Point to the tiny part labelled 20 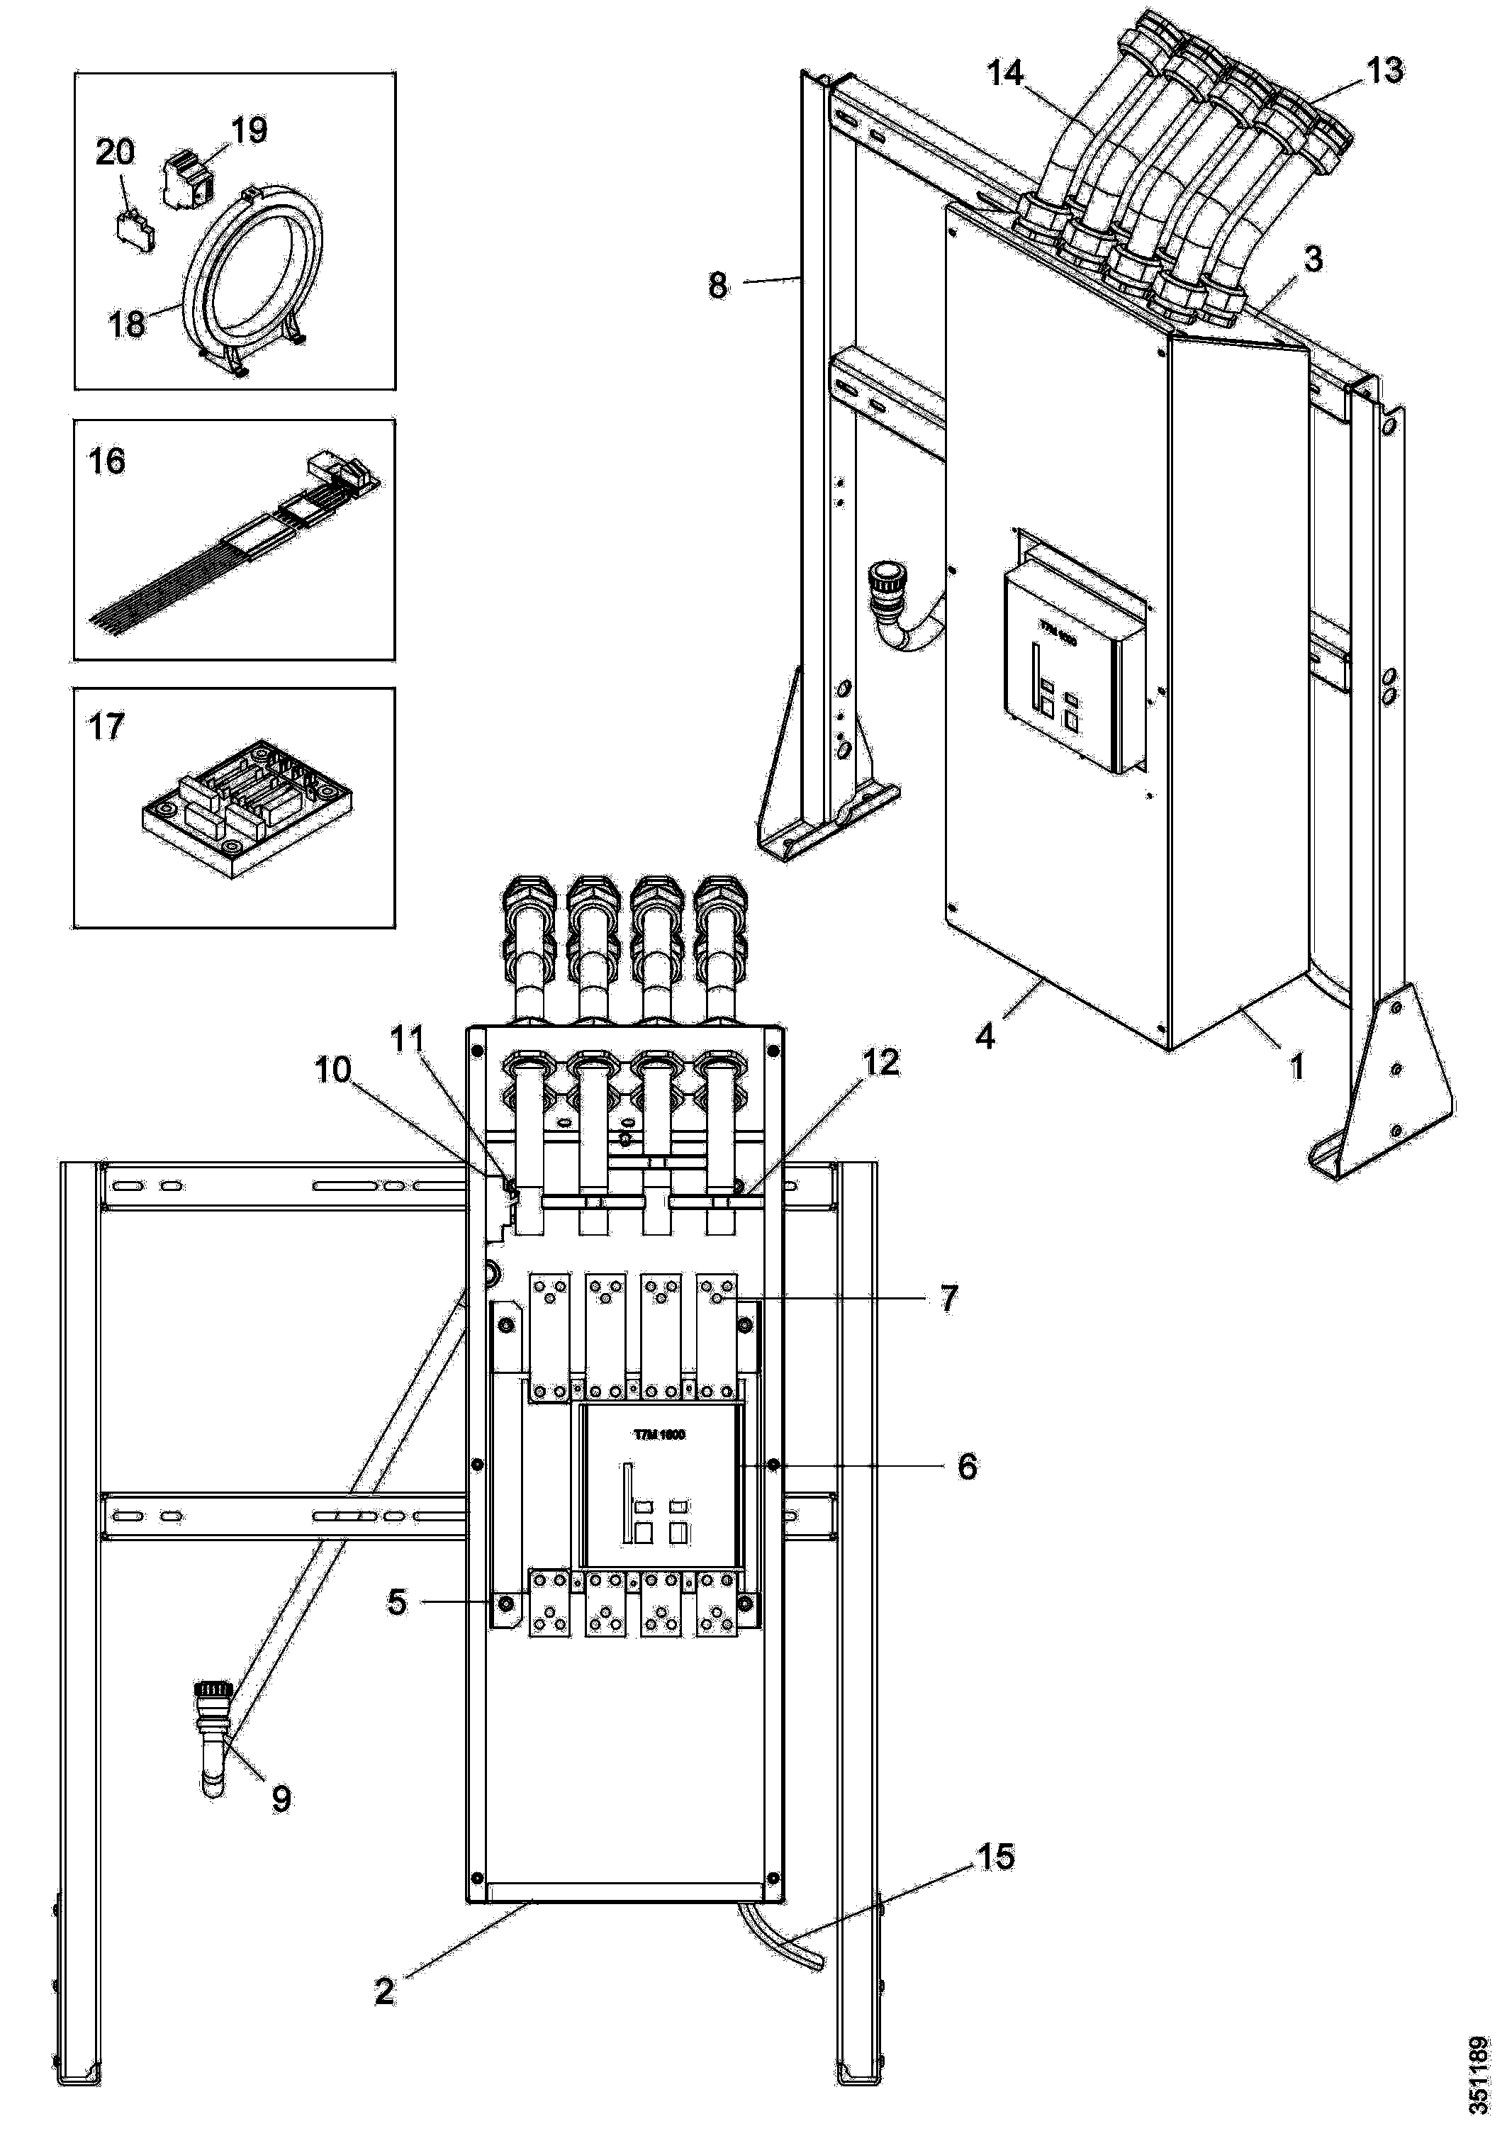pyautogui.click(x=135, y=229)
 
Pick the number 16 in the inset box pyautogui.click(x=107, y=462)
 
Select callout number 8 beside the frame pyautogui.click(x=717, y=285)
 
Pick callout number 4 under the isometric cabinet pyautogui.click(x=985, y=1036)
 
